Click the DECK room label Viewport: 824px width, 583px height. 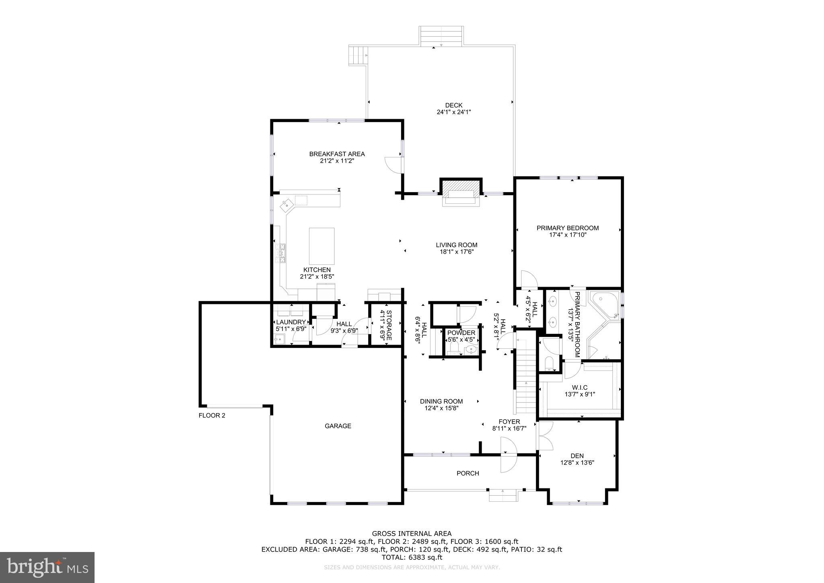click(453, 105)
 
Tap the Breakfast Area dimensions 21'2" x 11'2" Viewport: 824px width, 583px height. click(337, 161)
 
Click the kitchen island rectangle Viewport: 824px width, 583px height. click(321, 246)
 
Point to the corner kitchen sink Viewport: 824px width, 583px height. click(287, 205)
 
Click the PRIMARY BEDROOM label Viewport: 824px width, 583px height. click(567, 228)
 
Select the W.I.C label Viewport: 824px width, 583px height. click(579, 387)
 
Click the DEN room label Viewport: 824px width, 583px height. click(577, 456)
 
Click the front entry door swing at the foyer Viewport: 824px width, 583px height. click(508, 455)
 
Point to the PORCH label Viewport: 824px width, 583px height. click(468, 473)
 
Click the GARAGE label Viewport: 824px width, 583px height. click(338, 426)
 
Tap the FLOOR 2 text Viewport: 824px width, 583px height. click(212, 416)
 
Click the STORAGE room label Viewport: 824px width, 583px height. click(386, 326)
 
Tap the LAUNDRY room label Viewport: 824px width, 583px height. click(291, 322)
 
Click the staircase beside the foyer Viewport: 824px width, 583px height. click(525, 378)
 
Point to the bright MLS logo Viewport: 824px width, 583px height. click(47, 567)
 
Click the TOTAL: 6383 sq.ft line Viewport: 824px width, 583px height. click(412, 557)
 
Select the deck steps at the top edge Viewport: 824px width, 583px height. click(441, 36)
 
